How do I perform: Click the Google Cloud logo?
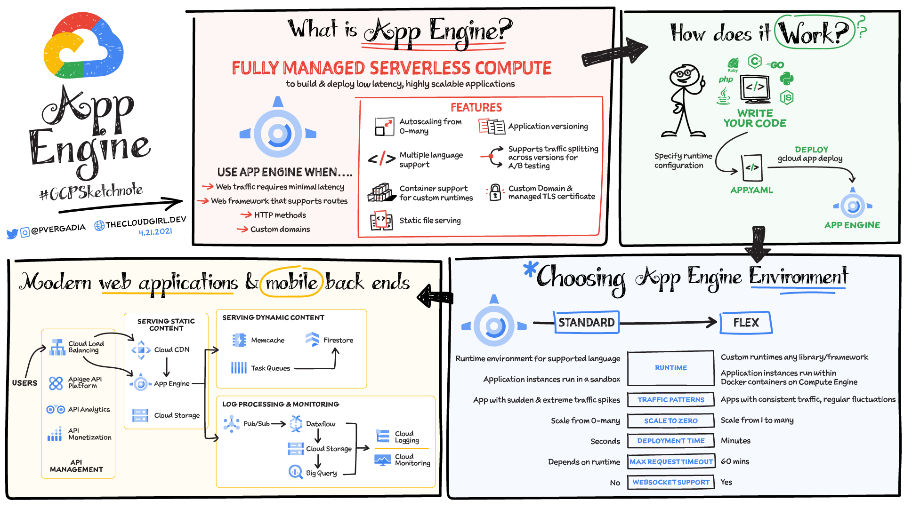coord(83,46)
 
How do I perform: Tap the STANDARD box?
coord(586,323)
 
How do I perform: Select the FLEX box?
coord(746,323)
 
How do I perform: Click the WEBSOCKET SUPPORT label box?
coord(671,482)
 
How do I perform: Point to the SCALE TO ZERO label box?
coord(671,421)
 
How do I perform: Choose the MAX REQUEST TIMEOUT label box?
coord(671,462)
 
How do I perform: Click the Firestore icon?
coord(312,339)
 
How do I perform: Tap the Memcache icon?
coord(239,340)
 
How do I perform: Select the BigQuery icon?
coord(295,472)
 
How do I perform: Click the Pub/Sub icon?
coord(231,424)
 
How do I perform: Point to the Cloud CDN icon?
coord(141,350)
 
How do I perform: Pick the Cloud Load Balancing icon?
coord(57,347)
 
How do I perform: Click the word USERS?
coord(24,383)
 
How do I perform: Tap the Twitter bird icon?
coord(12,233)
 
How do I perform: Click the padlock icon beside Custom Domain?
coord(495,192)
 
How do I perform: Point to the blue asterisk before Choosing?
coord(530,269)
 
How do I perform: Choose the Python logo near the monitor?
coord(786,79)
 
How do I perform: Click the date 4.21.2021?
coord(155,232)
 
